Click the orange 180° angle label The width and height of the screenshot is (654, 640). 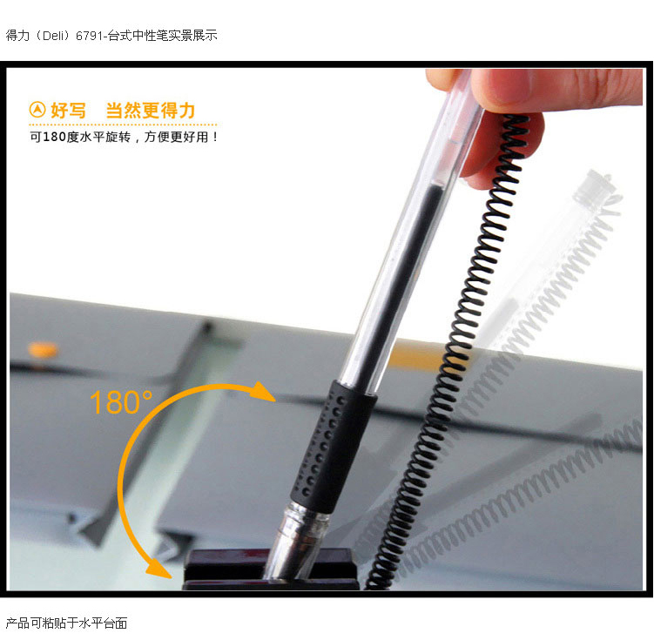(121, 402)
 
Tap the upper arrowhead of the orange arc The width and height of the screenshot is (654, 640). (264, 392)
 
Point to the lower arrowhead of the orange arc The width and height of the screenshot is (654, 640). (158, 569)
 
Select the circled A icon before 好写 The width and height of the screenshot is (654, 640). (37, 110)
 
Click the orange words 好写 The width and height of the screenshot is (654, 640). (68, 111)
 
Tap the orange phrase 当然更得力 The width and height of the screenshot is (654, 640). (150, 111)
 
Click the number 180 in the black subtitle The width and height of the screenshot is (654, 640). (54, 137)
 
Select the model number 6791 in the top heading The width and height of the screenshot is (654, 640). (89, 36)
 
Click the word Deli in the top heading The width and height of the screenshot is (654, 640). (55, 36)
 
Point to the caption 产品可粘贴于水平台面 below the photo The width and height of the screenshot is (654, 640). (67, 623)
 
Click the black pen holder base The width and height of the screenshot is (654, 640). (270, 569)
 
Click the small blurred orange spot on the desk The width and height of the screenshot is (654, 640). (43, 349)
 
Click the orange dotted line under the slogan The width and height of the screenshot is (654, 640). (123, 125)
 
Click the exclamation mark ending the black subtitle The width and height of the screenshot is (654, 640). (215, 137)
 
